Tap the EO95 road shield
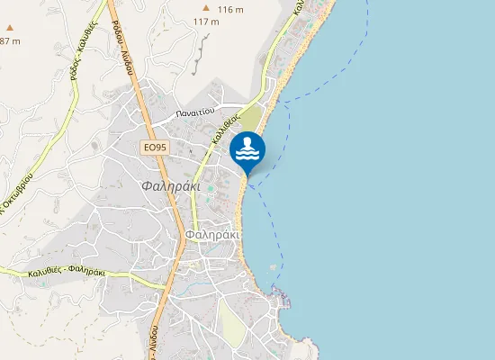[x=155, y=148]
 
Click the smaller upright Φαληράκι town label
[x=211, y=234]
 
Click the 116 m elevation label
[x=231, y=9]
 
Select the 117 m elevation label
[x=206, y=22]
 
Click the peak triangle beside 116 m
[x=206, y=8]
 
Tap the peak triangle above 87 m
[x=10, y=28]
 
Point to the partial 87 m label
[x=9, y=41]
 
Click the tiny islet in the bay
[x=270, y=266]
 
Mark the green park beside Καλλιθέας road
[x=253, y=117]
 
